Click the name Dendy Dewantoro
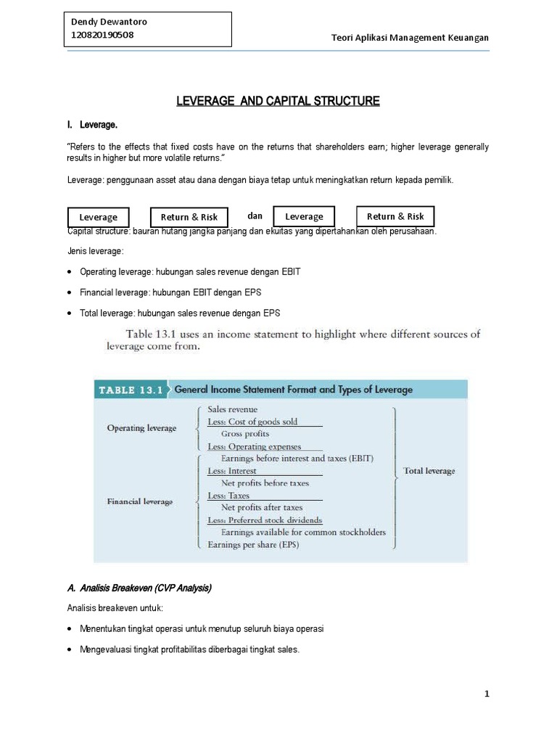coord(110,22)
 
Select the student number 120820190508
coord(103,35)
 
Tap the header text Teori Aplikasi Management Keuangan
coord(410,38)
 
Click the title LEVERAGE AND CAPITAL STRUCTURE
coord(278,101)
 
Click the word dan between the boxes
coord(255,215)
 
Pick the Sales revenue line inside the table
coord(232,409)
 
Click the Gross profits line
coord(245,434)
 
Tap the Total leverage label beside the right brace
coord(429,471)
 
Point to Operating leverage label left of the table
coord(141,428)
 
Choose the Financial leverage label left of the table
coord(140,501)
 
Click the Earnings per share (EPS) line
coord(253,544)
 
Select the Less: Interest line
coord(231,471)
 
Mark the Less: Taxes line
coord(228,496)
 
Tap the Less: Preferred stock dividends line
coord(265,520)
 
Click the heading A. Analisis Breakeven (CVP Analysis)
coord(139,588)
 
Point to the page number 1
coord(487,694)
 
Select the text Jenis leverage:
coord(95,251)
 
